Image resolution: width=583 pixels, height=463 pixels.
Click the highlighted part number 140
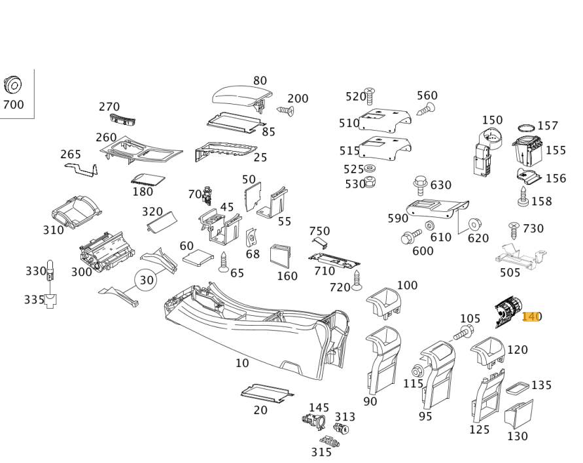tap(531, 317)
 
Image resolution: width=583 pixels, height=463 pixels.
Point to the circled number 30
tap(147, 279)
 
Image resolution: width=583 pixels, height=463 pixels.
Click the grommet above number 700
tap(12, 84)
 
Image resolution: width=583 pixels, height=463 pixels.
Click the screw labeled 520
tap(369, 96)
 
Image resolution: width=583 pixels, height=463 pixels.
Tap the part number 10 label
tap(242, 363)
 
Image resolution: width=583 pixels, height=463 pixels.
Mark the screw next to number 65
tap(223, 262)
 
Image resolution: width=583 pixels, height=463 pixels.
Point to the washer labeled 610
tap(430, 226)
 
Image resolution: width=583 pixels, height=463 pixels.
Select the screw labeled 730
tap(514, 230)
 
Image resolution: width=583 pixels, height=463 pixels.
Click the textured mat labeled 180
tap(147, 179)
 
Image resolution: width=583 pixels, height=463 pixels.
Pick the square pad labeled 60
tap(198, 257)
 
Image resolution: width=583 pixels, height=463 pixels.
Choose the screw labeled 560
tap(426, 109)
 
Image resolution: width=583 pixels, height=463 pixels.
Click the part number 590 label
tap(398, 218)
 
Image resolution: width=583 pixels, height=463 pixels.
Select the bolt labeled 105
tap(461, 333)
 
